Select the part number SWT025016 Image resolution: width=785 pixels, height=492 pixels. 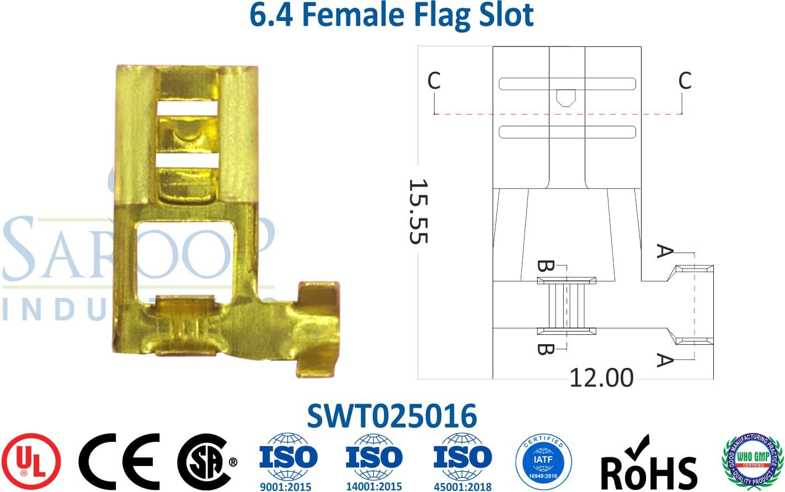click(392, 416)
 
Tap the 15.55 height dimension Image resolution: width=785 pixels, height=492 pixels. click(418, 211)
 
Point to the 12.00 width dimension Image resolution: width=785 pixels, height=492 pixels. click(601, 378)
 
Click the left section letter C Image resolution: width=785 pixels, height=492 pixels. click(434, 81)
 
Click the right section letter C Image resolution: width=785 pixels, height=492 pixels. click(685, 81)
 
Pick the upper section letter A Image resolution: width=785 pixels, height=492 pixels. click(665, 252)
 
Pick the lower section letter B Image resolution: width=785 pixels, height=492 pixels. click(545, 349)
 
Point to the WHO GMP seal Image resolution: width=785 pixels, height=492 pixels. click(753, 461)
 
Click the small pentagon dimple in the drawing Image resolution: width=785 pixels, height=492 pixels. click(565, 98)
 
